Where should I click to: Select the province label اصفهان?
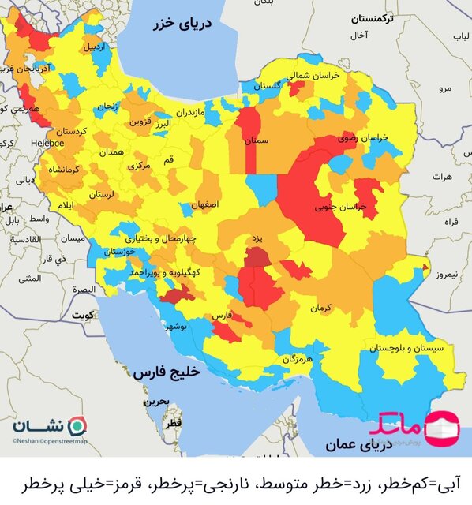(x=204, y=204)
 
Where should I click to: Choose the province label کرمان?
(x=320, y=307)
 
